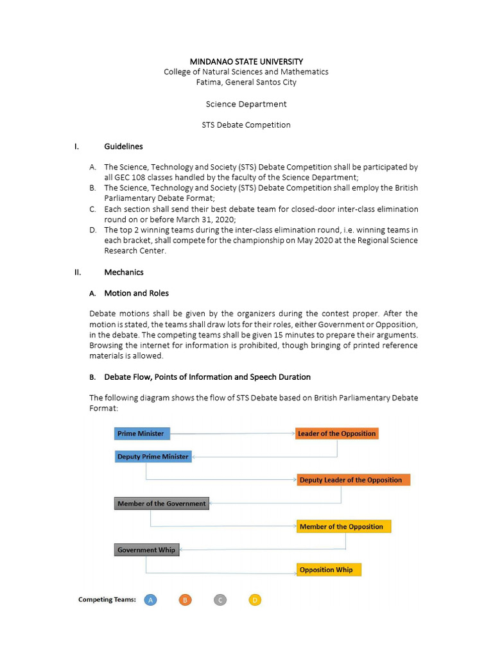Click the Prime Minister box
coord(142,434)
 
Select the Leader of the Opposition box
coord(336,434)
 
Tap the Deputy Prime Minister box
coord(153,457)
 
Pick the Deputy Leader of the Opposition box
coord(352,480)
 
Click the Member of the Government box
coord(162,504)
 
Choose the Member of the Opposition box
coord(343,527)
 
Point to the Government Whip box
coord(146,550)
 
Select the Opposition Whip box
coord(329,570)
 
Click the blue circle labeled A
coord(150,600)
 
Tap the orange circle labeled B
coord(185,600)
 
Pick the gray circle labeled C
coord(220,600)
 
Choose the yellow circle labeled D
coord(255,600)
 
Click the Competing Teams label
coord(107,600)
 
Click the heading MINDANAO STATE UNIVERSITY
coord(246,62)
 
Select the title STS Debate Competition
coord(246,125)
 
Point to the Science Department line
coord(246,104)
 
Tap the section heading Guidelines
coord(123,146)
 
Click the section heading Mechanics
coord(123,272)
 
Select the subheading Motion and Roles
coord(136,293)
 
